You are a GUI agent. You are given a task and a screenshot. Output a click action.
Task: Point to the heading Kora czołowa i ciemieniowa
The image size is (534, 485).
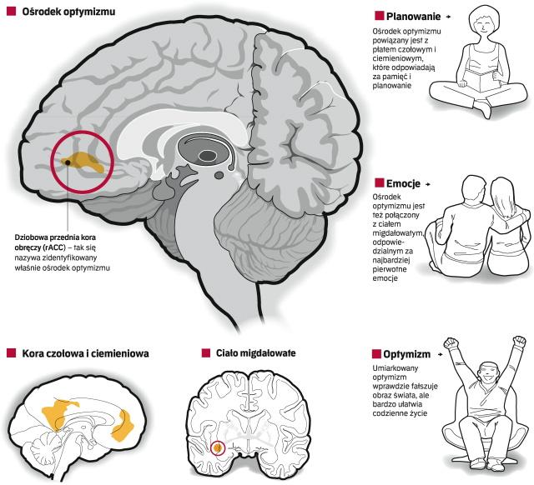86,353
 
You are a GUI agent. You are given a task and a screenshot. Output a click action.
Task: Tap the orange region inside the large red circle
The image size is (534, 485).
88,162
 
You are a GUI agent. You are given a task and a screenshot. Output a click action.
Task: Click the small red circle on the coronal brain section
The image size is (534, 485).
218,448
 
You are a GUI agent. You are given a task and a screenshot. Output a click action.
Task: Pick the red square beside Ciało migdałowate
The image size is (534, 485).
206,353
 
